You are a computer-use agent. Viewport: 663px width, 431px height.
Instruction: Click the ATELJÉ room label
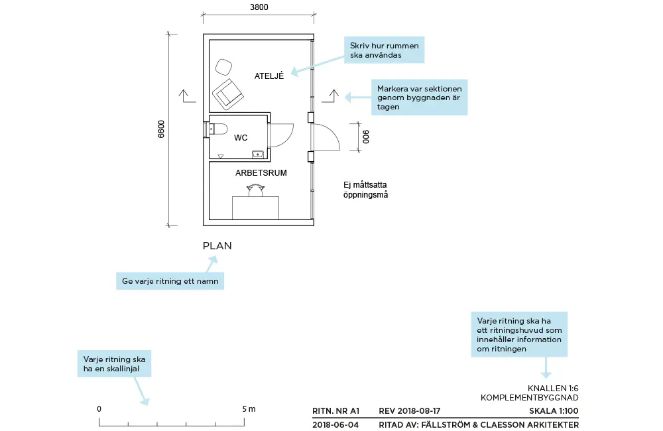coord(269,76)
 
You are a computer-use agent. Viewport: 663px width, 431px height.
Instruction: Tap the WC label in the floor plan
coord(241,138)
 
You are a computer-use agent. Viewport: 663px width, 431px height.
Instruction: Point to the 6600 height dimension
coord(161,129)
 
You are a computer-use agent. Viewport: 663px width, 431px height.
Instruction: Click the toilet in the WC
coord(218,129)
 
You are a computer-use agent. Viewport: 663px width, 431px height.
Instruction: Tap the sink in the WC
coord(258,154)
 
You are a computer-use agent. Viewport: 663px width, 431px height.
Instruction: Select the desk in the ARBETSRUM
coord(255,208)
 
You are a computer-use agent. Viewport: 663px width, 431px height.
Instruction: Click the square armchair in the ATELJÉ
coord(228,93)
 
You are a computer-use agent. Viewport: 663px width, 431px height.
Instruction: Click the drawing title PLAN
coord(217,246)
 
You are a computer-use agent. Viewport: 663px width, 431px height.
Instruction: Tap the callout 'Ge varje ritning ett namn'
coord(170,281)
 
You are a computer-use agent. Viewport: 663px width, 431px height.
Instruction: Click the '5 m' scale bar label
coord(249,408)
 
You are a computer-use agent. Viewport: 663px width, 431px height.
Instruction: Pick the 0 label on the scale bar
coord(99,408)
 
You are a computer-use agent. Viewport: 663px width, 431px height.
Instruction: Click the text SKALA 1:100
coord(554,411)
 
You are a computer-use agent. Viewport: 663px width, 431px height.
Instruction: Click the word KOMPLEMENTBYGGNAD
coord(530,398)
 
